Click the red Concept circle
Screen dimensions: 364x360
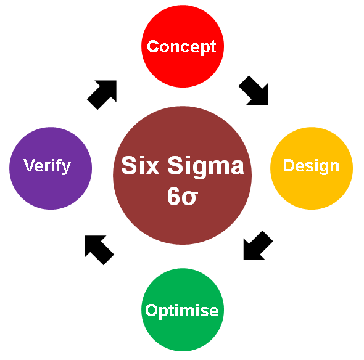coord(183,46)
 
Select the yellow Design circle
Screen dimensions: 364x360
coord(312,168)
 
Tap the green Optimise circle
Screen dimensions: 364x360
coord(183,309)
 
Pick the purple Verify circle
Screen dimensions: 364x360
coord(51,168)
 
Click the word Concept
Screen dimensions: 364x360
coord(181,47)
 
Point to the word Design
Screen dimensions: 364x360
coord(311,166)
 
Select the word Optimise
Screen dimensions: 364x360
coord(182,311)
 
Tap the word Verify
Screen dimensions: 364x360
coord(47,166)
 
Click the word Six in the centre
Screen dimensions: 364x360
coord(140,165)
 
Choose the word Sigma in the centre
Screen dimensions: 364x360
coord(205,166)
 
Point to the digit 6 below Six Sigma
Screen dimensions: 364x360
coord(174,196)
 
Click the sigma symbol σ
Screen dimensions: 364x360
coord(190,198)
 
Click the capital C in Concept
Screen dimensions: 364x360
coord(153,46)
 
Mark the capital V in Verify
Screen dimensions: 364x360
coord(30,165)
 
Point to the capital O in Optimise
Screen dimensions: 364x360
coord(152,309)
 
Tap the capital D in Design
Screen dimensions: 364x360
coord(289,165)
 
